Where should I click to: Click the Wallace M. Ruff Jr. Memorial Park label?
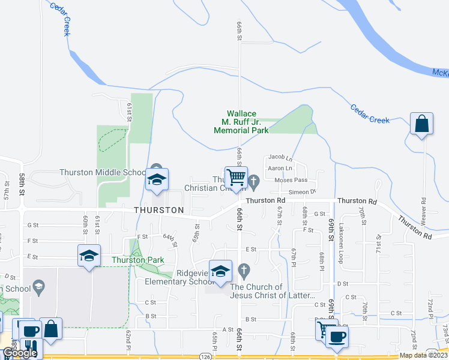click(241, 122)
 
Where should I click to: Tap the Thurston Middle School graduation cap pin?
click(157, 179)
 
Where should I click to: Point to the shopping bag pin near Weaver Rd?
click(422, 124)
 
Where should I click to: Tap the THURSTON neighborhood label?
click(158, 210)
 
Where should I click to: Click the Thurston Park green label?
click(137, 260)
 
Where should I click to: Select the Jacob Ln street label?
click(280, 158)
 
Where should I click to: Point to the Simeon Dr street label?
click(302, 192)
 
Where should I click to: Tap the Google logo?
click(20, 353)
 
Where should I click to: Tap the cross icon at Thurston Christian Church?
click(253, 180)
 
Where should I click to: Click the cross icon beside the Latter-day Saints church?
click(243, 271)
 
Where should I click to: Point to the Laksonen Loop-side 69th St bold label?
click(331, 228)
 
